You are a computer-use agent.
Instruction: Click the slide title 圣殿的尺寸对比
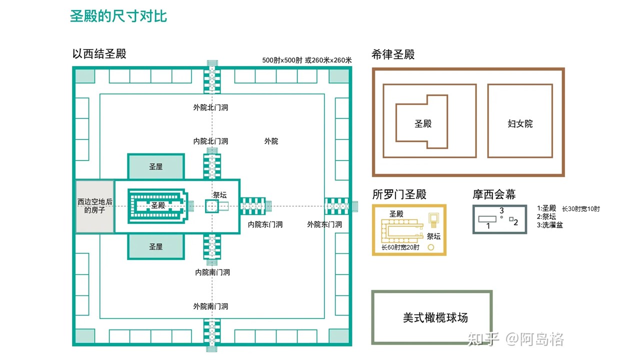118,16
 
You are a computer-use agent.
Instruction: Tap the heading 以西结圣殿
99,54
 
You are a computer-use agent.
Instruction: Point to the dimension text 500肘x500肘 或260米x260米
307,60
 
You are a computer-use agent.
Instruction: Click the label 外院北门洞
210,107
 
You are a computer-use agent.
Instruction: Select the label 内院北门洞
210,141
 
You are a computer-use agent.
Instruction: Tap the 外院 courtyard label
271,141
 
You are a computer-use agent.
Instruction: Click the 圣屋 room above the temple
155,166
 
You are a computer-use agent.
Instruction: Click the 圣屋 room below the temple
155,246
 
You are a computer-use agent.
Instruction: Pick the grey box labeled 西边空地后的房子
94,206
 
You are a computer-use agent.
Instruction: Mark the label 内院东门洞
265,224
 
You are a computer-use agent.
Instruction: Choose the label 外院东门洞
324,224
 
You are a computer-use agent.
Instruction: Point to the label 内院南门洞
212,272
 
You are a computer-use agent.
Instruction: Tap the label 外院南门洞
210,306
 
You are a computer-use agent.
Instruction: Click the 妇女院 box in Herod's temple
520,123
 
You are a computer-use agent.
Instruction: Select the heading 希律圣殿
393,54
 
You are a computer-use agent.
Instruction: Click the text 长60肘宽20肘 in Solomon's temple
400,247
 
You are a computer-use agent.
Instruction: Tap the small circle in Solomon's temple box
430,247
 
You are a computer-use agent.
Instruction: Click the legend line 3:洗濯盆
550,225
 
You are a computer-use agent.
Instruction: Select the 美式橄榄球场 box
432,317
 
